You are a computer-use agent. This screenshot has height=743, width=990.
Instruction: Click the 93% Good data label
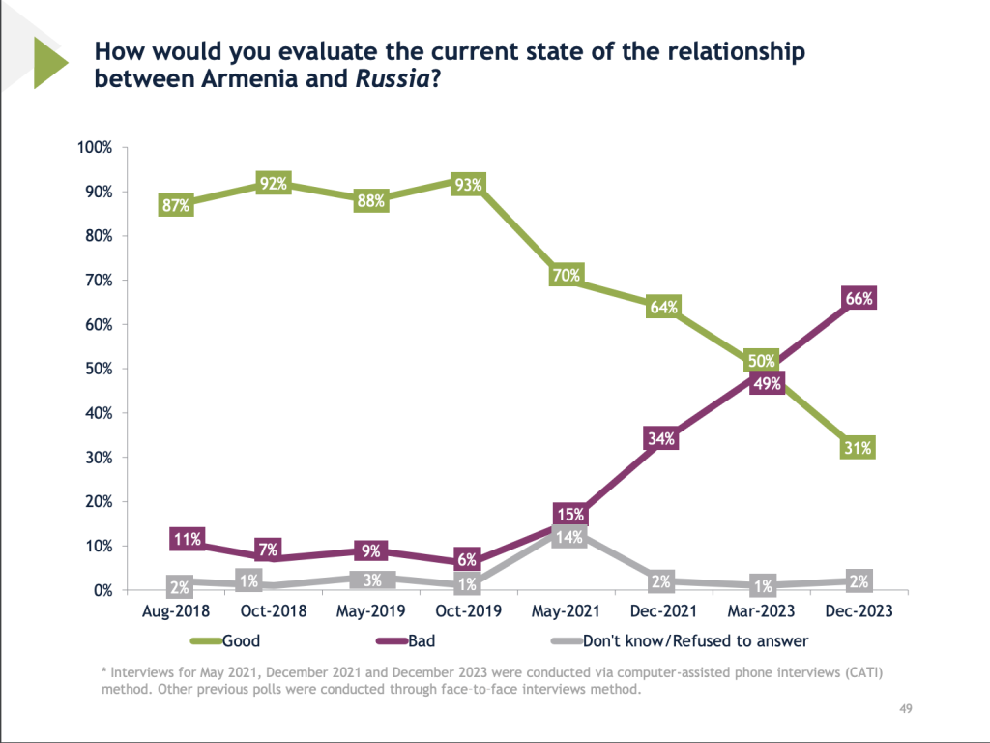point(469,184)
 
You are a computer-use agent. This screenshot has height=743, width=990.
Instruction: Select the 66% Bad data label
point(858,298)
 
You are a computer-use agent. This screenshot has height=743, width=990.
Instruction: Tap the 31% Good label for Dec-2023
point(858,448)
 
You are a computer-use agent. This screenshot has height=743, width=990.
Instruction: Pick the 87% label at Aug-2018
point(177,205)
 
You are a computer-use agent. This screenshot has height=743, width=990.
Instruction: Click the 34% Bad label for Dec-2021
point(663,439)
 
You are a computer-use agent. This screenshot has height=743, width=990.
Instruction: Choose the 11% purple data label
point(185,540)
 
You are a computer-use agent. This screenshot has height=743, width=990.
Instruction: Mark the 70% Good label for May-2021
point(567,275)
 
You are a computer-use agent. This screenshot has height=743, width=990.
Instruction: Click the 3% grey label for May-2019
point(372,580)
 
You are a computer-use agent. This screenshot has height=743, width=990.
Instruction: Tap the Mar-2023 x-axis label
point(761,611)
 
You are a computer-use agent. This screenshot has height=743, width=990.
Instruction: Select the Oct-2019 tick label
point(469,611)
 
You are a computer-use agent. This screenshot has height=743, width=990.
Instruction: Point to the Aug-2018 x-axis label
point(177,611)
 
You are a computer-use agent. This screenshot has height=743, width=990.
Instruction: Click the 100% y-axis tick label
point(97,148)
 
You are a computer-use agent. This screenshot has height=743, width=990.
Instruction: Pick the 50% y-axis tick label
point(101,369)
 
